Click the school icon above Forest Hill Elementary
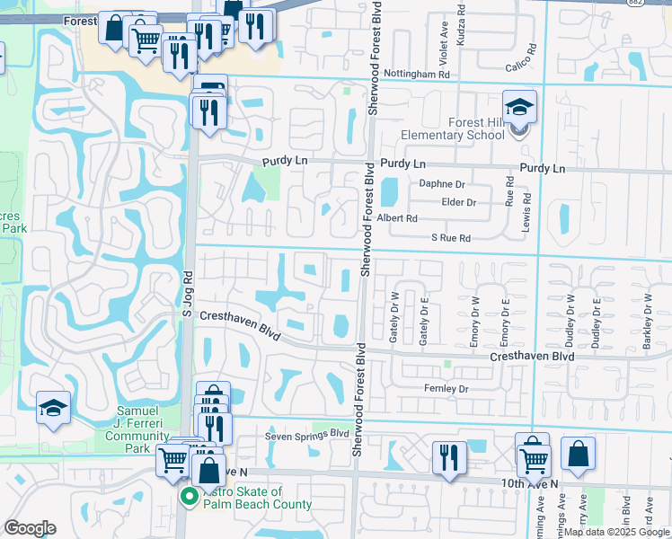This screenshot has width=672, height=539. [519, 109]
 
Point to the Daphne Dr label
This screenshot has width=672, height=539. [441, 184]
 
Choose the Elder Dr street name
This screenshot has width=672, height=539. [458, 202]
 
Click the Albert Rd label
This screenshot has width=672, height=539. [397, 218]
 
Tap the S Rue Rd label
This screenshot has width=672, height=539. [451, 238]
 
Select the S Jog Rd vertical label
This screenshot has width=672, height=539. [188, 294]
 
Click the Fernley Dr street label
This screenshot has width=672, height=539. [447, 389]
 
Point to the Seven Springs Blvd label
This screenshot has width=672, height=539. [306, 435]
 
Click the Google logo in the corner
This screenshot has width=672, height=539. [30, 528]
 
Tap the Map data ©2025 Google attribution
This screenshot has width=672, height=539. [615, 532]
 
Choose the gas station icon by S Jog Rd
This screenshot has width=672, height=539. [210, 89]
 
